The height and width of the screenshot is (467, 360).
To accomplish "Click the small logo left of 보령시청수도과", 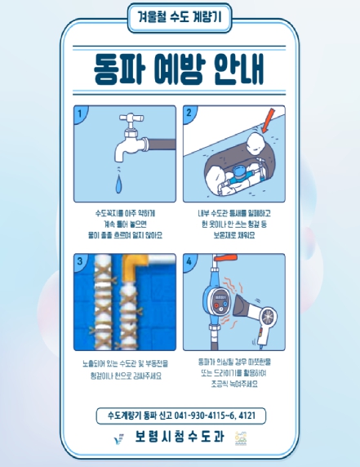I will (x=120, y=438).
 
